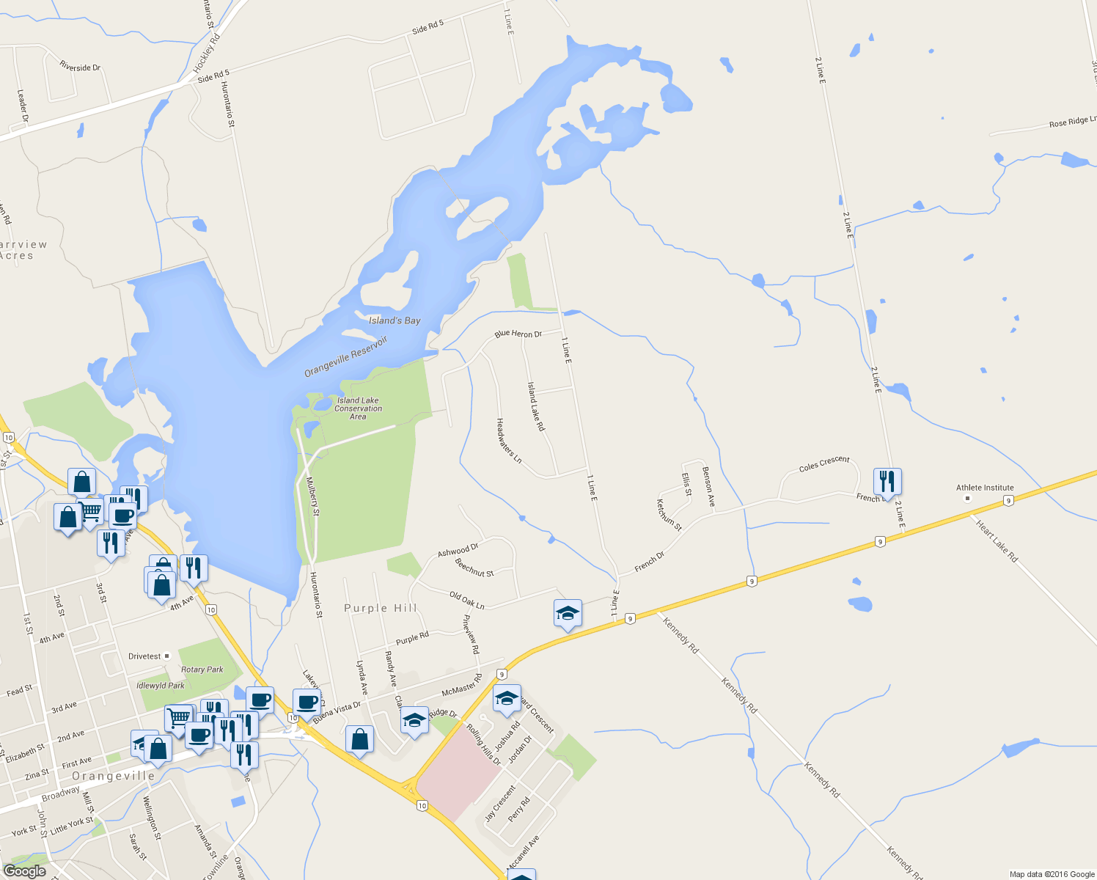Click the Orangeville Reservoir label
[345, 357]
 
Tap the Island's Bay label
[395, 320]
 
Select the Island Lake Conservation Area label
[358, 408]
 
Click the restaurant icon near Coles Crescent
[887, 482]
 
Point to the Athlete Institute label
[985, 488]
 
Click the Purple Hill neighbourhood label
[381, 608]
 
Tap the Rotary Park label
[202, 670]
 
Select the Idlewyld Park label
[161, 686]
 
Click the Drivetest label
[144, 656]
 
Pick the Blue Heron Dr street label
[518, 334]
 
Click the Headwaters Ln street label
[509, 441]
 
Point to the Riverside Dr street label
[80, 67]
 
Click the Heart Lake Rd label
[997, 540]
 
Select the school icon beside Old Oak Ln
[568, 614]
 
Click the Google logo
[25, 870]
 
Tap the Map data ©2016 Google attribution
[1052, 874]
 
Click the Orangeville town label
[114, 776]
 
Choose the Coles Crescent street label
[824, 463]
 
